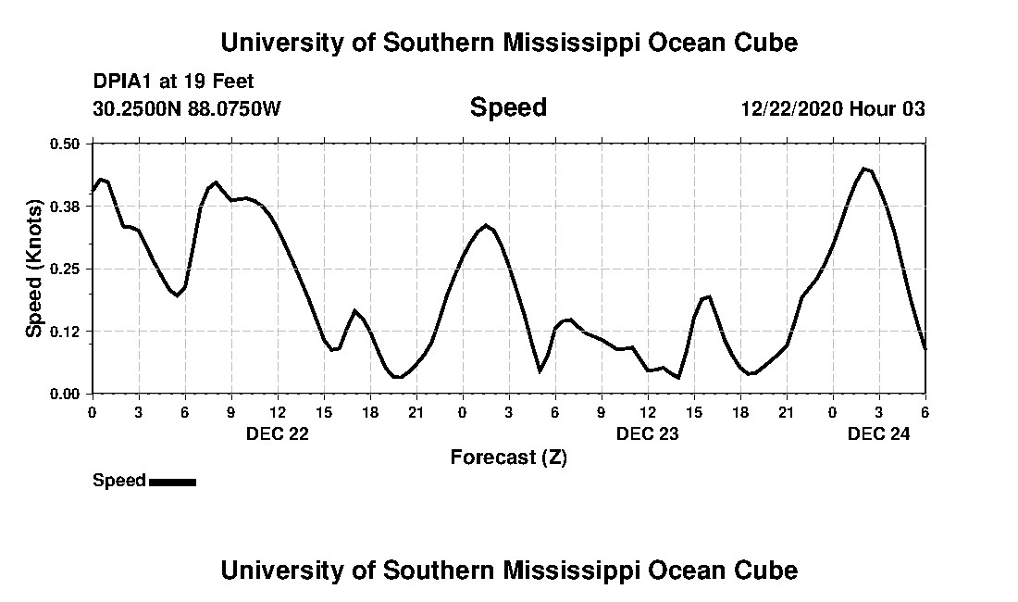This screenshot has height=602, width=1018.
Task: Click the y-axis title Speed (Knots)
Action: [34, 269]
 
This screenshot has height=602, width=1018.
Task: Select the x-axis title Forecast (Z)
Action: [508, 457]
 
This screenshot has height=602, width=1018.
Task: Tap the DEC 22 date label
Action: [278, 433]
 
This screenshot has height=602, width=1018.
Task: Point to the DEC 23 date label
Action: [648, 433]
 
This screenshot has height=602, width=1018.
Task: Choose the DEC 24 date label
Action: [879, 433]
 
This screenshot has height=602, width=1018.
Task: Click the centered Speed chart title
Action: [508, 107]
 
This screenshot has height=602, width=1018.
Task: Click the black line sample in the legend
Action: [172, 482]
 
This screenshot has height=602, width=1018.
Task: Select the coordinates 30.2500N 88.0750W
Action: [187, 108]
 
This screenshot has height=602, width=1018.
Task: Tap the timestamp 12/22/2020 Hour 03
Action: [833, 108]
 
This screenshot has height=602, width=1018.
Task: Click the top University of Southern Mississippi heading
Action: [508, 43]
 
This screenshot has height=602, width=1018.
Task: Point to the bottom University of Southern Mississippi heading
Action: [508, 570]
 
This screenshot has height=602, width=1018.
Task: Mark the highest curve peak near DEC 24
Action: [864, 169]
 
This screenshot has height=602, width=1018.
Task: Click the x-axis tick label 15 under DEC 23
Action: [694, 412]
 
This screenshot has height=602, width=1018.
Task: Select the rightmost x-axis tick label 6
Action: [925, 412]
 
